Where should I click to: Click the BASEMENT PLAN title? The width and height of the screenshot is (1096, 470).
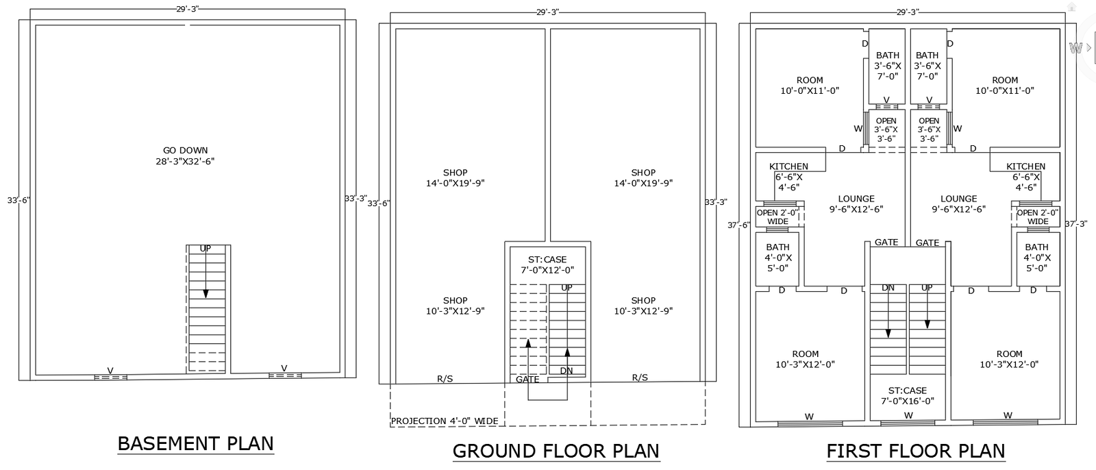[x=195, y=443]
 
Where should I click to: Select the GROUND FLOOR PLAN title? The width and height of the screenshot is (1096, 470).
[x=556, y=451]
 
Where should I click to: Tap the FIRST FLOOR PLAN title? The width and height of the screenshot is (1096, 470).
[x=915, y=451]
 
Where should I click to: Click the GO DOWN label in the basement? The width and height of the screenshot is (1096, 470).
[x=185, y=156]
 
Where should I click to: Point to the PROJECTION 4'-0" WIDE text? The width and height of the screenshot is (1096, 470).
[x=444, y=421]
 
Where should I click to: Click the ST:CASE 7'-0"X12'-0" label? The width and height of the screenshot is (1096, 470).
[x=547, y=264]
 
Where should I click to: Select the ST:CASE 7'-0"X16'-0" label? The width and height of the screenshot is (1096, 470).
[x=908, y=395]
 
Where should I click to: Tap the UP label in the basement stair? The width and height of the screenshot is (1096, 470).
[x=206, y=248]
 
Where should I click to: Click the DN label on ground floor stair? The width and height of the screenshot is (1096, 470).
[x=566, y=371]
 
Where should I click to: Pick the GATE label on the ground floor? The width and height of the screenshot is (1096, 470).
[x=527, y=379]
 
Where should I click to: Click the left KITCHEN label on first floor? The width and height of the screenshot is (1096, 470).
[x=788, y=166]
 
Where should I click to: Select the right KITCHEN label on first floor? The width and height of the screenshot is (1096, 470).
[x=1025, y=166]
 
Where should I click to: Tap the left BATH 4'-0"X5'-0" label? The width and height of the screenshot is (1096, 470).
[x=777, y=257]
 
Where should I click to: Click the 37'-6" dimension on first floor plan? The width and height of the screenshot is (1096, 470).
[x=738, y=225]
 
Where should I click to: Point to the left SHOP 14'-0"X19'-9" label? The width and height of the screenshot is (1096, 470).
[x=455, y=177]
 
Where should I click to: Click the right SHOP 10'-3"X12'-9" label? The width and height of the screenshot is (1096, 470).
[x=643, y=306]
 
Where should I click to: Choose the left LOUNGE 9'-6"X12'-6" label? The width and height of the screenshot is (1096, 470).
[x=856, y=203]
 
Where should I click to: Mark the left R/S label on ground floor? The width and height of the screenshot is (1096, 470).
[x=445, y=378]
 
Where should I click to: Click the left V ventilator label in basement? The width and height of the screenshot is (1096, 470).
[x=110, y=370]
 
